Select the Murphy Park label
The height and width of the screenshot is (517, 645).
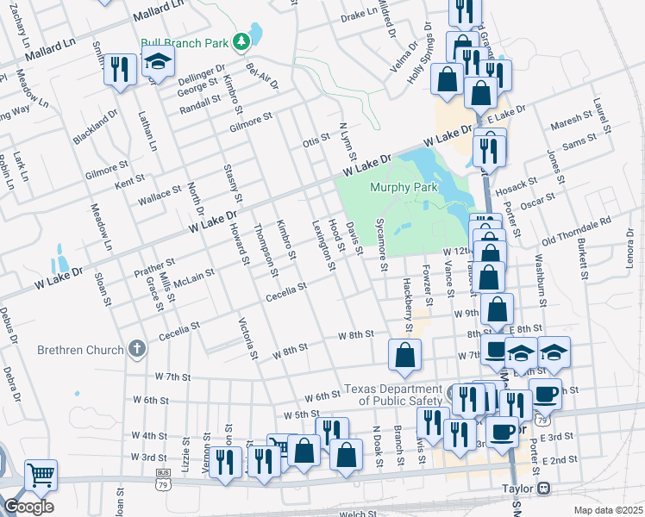point(404,187)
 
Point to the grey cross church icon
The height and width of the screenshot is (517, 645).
point(135,349)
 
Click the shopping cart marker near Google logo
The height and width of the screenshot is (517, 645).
point(41,474)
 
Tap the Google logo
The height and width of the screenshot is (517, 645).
point(28,506)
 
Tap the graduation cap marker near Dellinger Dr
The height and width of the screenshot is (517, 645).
point(158,62)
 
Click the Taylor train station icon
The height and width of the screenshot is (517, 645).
point(543,489)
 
